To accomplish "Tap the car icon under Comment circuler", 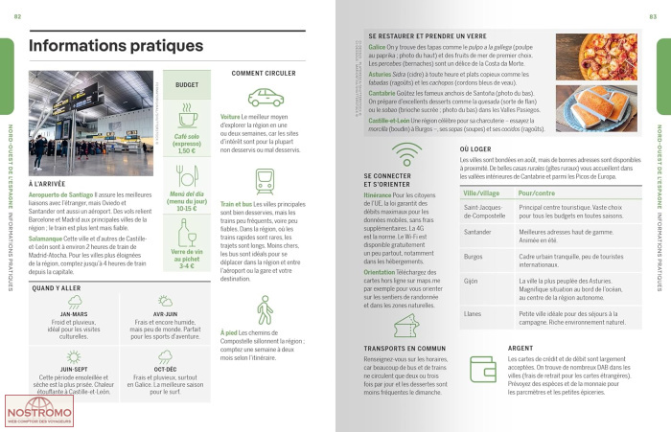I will (x=265, y=97).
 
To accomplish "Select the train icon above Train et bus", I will (x=265, y=182).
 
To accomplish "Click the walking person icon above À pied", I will (x=265, y=309).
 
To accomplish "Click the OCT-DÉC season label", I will (x=164, y=368).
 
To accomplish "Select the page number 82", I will (x=17, y=16).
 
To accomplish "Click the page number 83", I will (x=653, y=16).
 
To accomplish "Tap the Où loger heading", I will (x=476, y=149).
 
